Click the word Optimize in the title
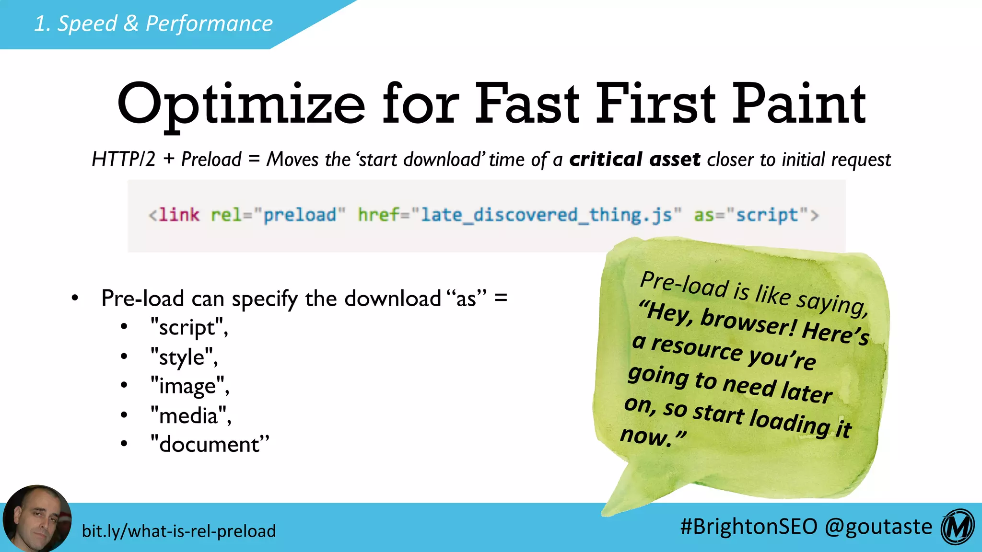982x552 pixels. point(241,104)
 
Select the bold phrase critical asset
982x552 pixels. point(634,159)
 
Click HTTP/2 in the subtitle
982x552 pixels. point(124,159)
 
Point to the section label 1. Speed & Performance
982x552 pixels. point(153,23)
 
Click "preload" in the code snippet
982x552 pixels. point(300,215)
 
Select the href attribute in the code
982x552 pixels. point(378,215)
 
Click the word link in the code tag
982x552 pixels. point(178,215)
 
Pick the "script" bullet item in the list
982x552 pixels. point(189,328)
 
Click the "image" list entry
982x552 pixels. point(189,386)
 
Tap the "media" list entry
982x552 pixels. point(190,415)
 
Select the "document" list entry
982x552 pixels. point(210,444)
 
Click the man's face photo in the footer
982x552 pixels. point(37,519)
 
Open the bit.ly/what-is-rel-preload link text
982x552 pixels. point(179,531)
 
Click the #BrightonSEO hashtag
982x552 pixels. point(748,526)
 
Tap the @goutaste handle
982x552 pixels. point(878,526)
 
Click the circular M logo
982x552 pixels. point(958,527)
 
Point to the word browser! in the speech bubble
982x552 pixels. point(748,322)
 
